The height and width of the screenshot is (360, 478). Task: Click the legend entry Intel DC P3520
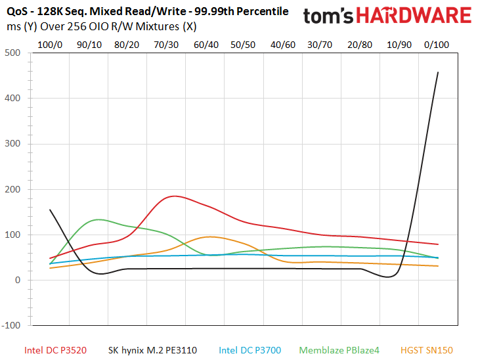(55, 350)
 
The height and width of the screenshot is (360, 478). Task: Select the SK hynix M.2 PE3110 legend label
(152, 350)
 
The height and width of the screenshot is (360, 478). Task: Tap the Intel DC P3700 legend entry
(250, 350)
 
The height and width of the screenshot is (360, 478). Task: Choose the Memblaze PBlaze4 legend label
(339, 350)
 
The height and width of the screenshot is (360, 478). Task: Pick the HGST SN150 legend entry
(427, 350)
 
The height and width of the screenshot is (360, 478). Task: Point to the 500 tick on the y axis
(12, 53)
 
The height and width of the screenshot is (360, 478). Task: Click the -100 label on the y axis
(11, 325)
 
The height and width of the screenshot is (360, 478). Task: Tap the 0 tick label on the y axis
(18, 280)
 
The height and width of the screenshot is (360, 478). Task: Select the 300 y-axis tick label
(12, 143)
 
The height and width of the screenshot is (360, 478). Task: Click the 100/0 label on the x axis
(50, 45)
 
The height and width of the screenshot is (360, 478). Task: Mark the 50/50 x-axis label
(243, 45)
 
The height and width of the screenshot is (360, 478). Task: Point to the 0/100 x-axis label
(437, 45)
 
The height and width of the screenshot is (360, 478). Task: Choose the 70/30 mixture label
(166, 45)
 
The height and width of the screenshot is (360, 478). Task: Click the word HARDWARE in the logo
(414, 16)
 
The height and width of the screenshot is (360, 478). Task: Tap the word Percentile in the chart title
(263, 12)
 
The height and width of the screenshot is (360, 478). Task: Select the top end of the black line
(438, 72)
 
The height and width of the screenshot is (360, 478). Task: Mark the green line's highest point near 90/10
(98, 219)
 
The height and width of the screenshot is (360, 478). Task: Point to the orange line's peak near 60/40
(210, 236)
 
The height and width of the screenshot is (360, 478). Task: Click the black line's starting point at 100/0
(50, 210)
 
